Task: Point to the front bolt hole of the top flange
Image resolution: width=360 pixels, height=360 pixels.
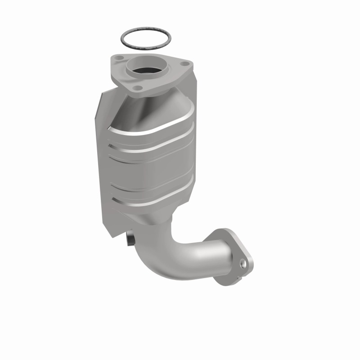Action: pos(139,87)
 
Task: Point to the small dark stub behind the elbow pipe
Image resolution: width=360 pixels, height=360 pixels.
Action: pos(130,240)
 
